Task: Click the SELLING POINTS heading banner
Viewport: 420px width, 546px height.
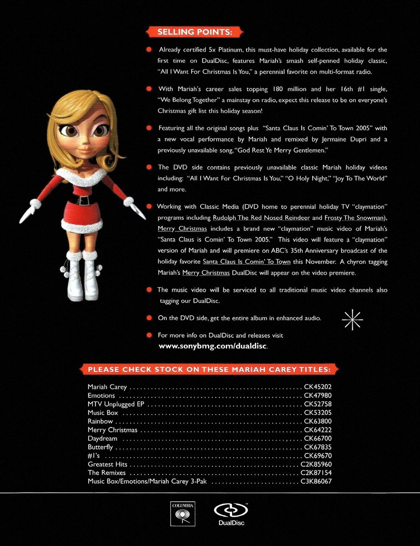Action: tap(194, 32)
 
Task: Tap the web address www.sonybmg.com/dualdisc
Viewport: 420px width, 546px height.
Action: tap(213, 346)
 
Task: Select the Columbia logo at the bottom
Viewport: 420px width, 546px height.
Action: tap(183, 514)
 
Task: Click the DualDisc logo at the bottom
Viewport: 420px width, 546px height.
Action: tap(231, 514)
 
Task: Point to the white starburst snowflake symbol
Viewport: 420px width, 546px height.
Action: tap(352, 320)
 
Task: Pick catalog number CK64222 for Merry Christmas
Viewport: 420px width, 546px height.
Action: tap(318, 430)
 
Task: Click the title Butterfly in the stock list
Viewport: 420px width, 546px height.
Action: tap(100, 447)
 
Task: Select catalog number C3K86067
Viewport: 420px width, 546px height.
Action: tap(316, 481)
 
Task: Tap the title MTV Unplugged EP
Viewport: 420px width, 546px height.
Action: tap(116, 404)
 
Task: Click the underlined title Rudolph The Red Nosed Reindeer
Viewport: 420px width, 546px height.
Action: tap(261, 218)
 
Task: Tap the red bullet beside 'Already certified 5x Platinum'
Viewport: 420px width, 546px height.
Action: tap(149, 50)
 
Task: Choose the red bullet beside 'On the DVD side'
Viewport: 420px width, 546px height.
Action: tap(149, 318)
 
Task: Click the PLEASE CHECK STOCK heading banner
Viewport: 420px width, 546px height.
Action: tap(209, 369)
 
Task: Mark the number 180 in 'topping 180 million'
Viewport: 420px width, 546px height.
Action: tap(277, 89)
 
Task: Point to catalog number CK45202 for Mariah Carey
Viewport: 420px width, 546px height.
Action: tap(318, 387)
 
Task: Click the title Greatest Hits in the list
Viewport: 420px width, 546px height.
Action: tap(107, 464)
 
